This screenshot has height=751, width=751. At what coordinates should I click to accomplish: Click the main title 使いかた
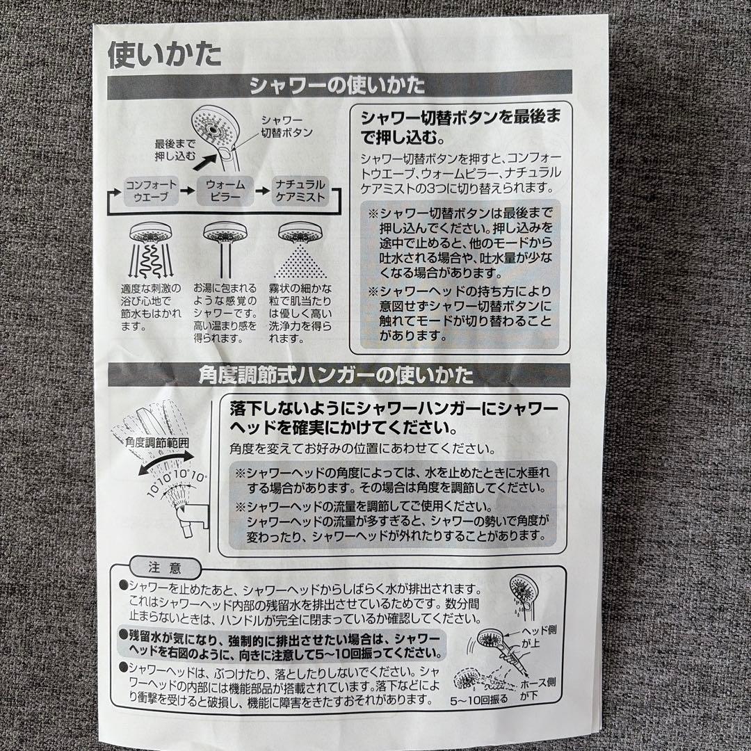[164, 54]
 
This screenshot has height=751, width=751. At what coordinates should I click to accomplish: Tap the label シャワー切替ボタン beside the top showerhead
[286, 125]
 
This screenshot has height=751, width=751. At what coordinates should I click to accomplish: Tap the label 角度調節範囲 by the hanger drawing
[157, 443]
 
